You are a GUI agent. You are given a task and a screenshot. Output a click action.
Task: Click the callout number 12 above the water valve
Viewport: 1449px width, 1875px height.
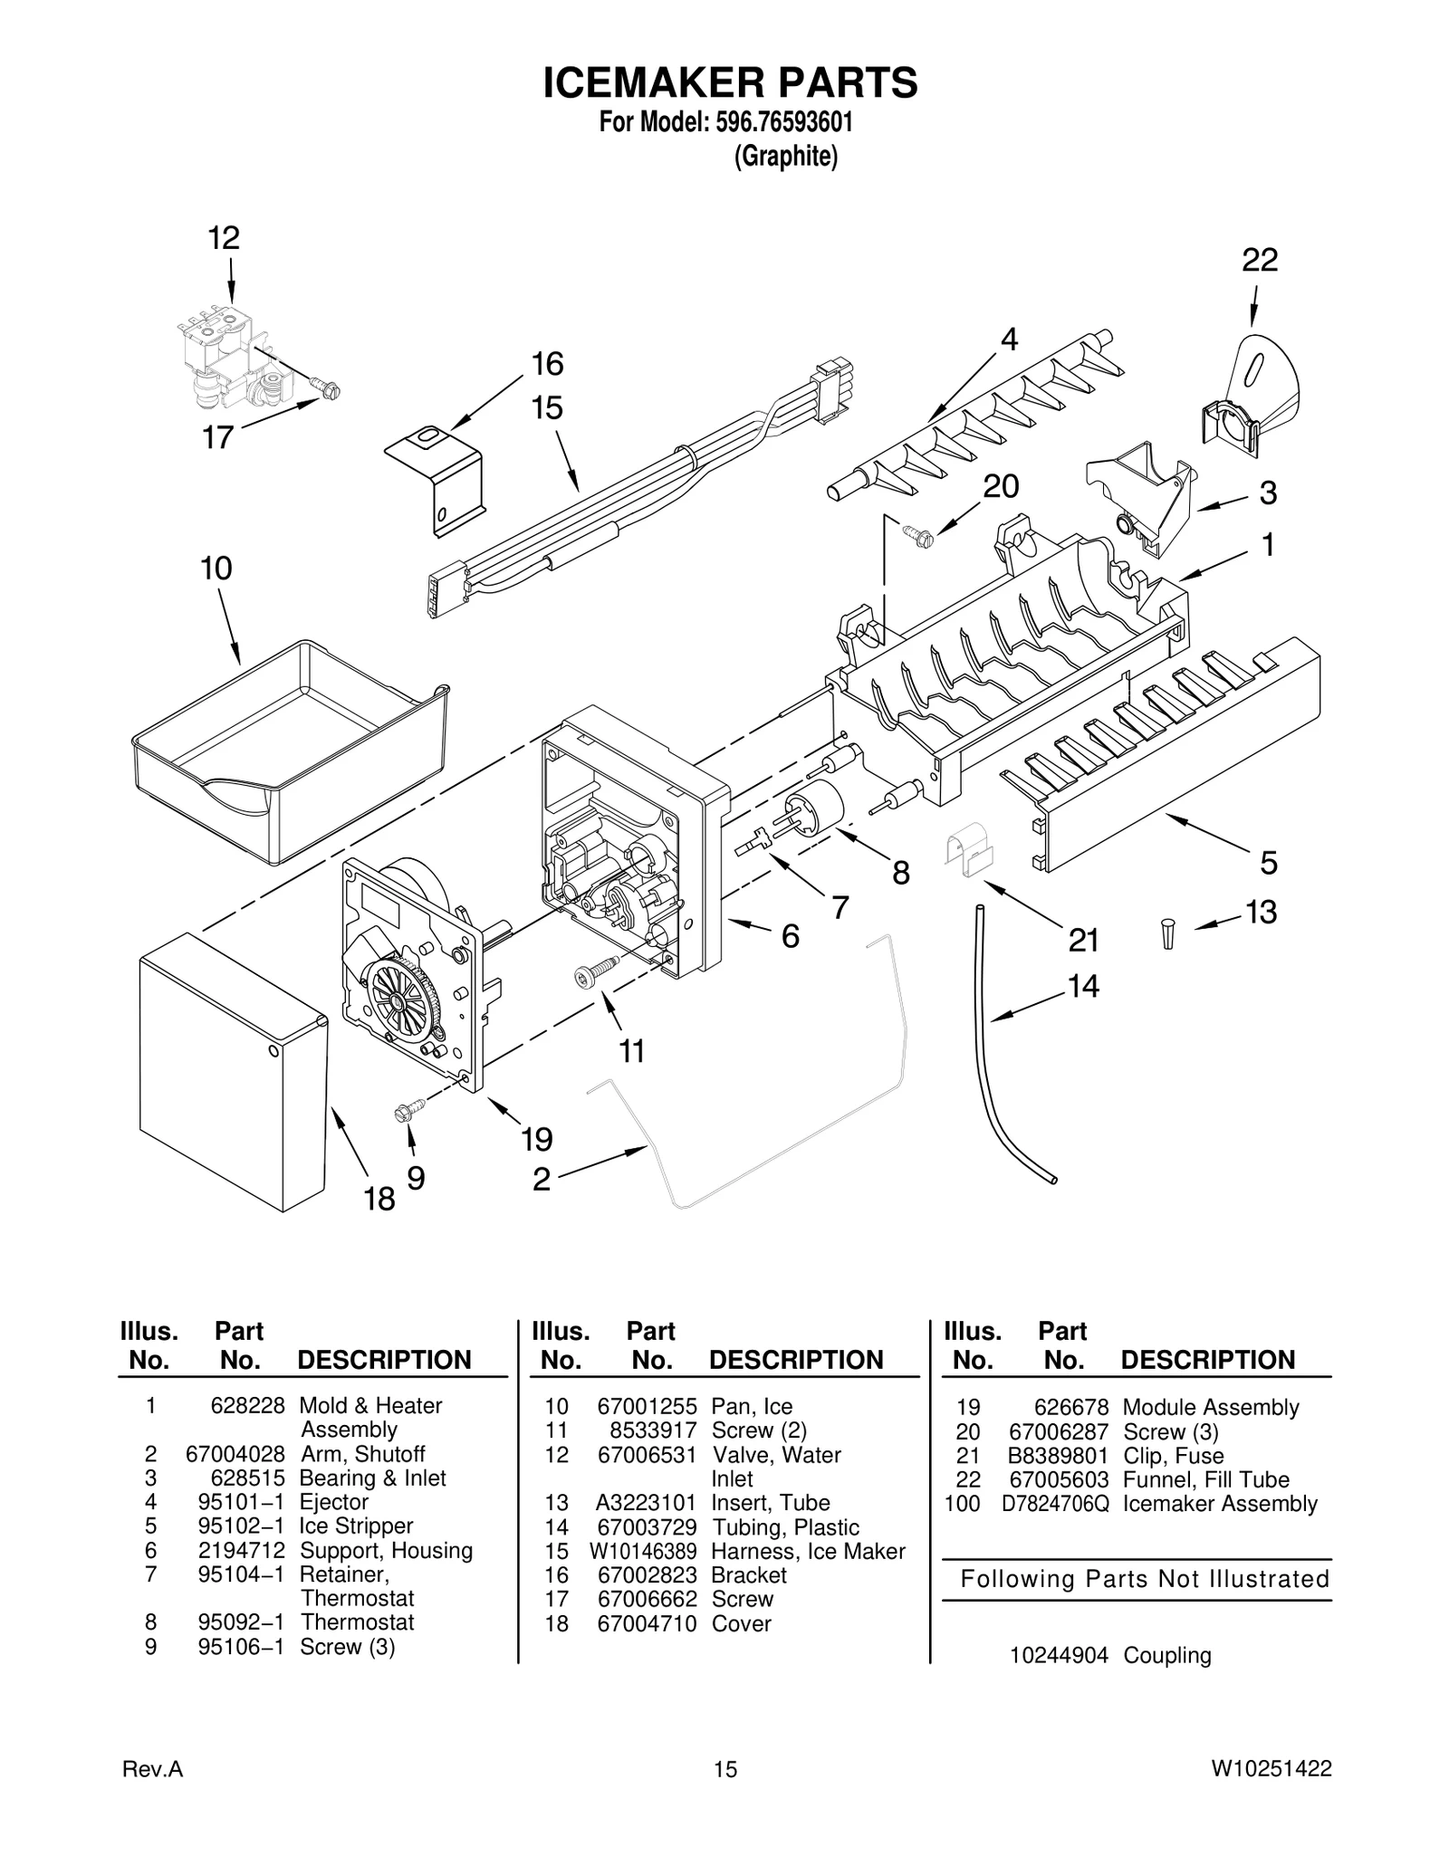[x=223, y=239]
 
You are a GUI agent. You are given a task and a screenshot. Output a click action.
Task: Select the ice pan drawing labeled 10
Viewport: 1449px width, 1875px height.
[x=290, y=751]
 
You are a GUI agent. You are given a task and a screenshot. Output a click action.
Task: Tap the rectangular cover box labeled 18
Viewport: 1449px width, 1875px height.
[x=231, y=1073]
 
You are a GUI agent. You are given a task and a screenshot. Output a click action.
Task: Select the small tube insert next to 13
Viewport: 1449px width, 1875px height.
[x=1167, y=933]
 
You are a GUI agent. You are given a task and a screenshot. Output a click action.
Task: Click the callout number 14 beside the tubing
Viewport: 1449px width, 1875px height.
[x=1082, y=986]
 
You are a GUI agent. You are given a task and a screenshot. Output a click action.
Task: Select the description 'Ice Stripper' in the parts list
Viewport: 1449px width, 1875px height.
[x=355, y=1526]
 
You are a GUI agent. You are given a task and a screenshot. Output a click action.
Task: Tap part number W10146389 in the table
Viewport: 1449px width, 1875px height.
[x=643, y=1552]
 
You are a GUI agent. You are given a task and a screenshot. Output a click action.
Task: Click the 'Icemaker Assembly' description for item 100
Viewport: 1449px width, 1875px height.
[x=1219, y=1504]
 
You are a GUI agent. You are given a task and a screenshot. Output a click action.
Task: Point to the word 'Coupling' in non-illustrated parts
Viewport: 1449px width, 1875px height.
[x=1166, y=1656]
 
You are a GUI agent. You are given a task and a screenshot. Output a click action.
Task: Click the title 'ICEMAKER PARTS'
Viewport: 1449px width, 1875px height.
[x=730, y=82]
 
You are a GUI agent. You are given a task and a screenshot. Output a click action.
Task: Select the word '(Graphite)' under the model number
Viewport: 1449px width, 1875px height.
[x=785, y=157]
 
